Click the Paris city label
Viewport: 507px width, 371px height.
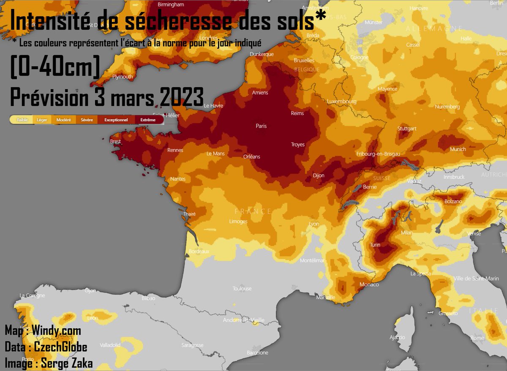click(261, 126)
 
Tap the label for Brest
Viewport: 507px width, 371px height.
click(115, 142)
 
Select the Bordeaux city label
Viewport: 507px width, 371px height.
click(199, 251)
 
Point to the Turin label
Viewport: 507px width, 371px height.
click(375, 245)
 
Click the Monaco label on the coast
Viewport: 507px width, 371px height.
click(369, 285)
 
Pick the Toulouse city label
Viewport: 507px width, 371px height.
click(242, 289)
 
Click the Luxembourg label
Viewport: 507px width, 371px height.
click(342, 101)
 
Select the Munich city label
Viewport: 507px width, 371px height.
click(458, 149)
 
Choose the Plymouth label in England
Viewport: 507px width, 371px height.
click(123, 77)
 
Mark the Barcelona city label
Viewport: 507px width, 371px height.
click(257, 352)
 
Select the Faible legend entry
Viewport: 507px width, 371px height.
click(22, 120)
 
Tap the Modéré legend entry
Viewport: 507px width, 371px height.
click(63, 120)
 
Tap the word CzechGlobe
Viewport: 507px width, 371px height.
click(61, 347)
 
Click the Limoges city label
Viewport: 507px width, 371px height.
click(238, 221)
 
